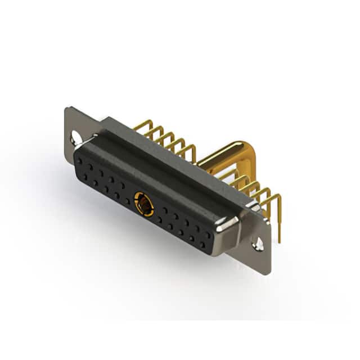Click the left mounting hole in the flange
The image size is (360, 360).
[x=75, y=136]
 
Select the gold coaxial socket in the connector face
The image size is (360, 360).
[x=144, y=204]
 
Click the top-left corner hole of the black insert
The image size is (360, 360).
[x=79, y=160]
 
